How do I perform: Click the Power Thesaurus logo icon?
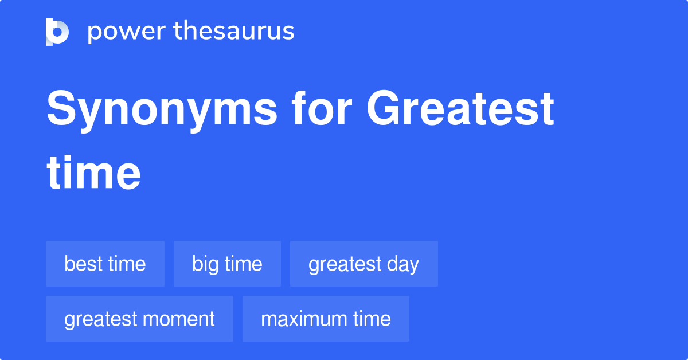pos(57,32)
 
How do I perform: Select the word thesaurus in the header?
pos(234,32)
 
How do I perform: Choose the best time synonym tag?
pos(105,264)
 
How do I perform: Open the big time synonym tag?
pos(227,264)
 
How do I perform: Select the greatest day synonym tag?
pos(363,264)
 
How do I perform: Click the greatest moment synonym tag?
pos(139,319)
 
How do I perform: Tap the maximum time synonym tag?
pos(326,319)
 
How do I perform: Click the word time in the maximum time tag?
pos(372,319)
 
